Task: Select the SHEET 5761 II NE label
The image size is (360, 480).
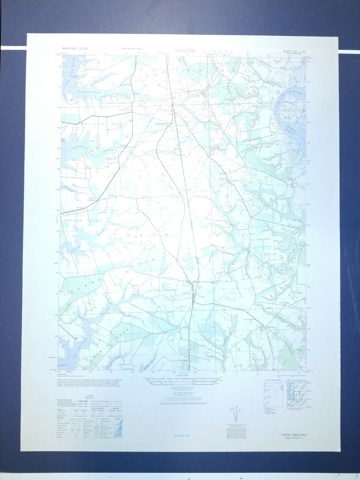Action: [x=293, y=51]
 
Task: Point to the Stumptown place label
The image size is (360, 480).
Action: [x=161, y=123]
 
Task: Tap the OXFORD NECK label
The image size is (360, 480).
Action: [x=83, y=220]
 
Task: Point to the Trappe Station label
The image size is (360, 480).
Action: [x=91, y=199]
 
